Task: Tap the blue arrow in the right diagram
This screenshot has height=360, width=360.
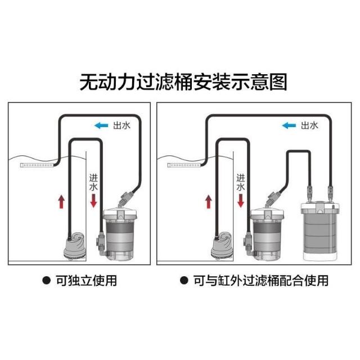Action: [289, 125]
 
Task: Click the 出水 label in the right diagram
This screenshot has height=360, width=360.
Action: [309, 125]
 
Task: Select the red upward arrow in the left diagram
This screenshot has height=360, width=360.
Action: [61, 201]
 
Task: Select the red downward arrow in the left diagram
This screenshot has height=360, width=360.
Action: [93, 201]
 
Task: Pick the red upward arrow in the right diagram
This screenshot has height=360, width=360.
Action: [209, 201]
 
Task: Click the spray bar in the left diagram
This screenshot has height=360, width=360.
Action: [37, 165]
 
